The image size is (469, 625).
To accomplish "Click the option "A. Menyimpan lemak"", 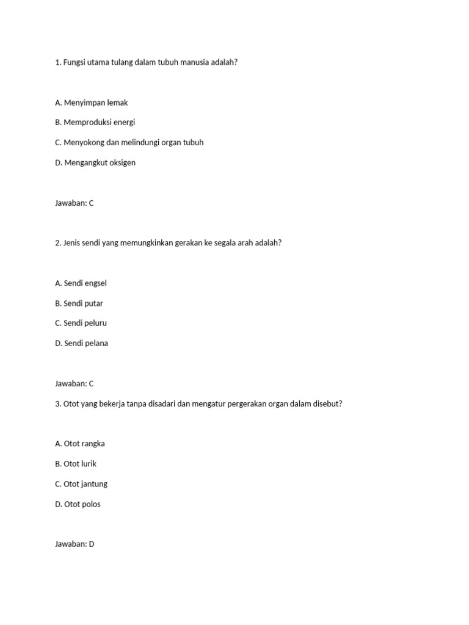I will coord(91,103).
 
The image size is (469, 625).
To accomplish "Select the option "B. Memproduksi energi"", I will coord(95,122).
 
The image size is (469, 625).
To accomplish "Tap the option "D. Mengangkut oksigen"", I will coord(95,162).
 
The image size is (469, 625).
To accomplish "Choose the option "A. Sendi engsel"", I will coord(85,283).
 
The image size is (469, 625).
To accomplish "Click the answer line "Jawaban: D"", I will coord(75,544).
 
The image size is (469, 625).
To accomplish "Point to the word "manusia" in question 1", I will coord(195,62).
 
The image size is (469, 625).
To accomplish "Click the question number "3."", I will coord(58,404).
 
